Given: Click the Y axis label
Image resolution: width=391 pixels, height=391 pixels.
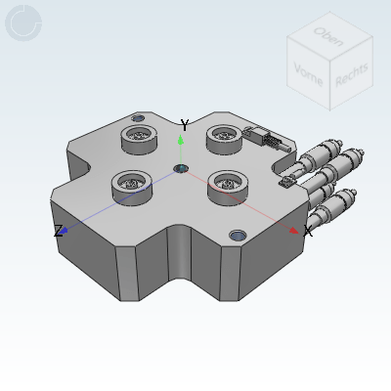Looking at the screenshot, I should click(x=184, y=125).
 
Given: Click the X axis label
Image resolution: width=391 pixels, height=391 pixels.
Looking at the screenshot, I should click(x=308, y=232).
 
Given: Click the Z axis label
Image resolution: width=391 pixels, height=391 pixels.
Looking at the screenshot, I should click(x=58, y=231).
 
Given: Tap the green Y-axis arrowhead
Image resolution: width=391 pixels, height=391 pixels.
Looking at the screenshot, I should click(x=181, y=139).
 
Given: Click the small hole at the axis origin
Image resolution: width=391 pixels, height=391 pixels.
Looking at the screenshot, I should click(x=181, y=169).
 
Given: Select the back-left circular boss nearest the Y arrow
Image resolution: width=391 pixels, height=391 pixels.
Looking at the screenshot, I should click(x=139, y=141).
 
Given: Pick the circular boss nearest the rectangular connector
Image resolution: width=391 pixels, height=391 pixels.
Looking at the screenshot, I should click(x=225, y=139).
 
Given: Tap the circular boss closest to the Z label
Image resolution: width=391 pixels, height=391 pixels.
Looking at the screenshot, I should click(x=131, y=183).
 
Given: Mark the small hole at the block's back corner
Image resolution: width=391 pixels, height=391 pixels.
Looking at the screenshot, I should click(x=137, y=118).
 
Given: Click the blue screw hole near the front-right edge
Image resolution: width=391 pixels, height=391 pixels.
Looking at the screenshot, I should click(x=238, y=236).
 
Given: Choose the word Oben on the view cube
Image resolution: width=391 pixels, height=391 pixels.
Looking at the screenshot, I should click(x=326, y=35).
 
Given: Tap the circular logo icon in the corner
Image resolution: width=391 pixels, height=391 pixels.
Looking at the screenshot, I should click(x=23, y=22).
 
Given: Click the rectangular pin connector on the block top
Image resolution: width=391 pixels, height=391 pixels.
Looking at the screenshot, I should click(x=265, y=139).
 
